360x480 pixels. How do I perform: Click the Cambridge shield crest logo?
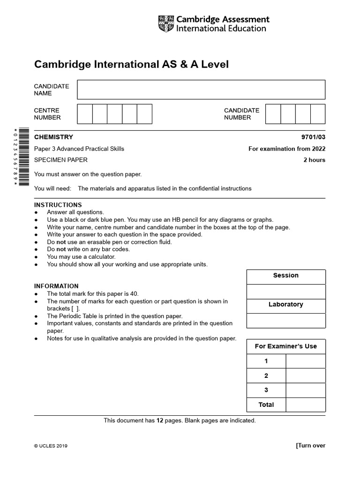tap(166, 24)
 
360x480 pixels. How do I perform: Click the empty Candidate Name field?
tap(201, 90)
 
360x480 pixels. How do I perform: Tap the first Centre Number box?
tap(85, 114)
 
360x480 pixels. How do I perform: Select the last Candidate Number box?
tap(318, 114)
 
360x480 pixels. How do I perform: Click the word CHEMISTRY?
tap(54, 137)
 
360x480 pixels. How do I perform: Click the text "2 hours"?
tap(314, 160)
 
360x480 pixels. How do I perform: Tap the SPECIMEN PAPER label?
tap(61, 160)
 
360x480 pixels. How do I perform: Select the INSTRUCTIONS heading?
tap(58, 205)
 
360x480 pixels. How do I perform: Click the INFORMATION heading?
tap(56, 286)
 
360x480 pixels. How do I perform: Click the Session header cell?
tap(286, 276)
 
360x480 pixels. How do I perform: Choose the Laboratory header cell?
tap(286, 305)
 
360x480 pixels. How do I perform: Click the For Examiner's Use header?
tap(286, 346)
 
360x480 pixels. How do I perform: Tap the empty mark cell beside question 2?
tap(305, 375)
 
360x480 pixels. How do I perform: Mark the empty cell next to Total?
tap(305, 405)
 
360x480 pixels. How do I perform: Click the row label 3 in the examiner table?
tap(266, 390)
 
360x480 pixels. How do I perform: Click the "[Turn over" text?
tap(310, 445)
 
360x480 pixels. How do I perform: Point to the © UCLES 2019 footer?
tap(51, 446)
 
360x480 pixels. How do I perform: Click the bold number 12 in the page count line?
tap(159, 420)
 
